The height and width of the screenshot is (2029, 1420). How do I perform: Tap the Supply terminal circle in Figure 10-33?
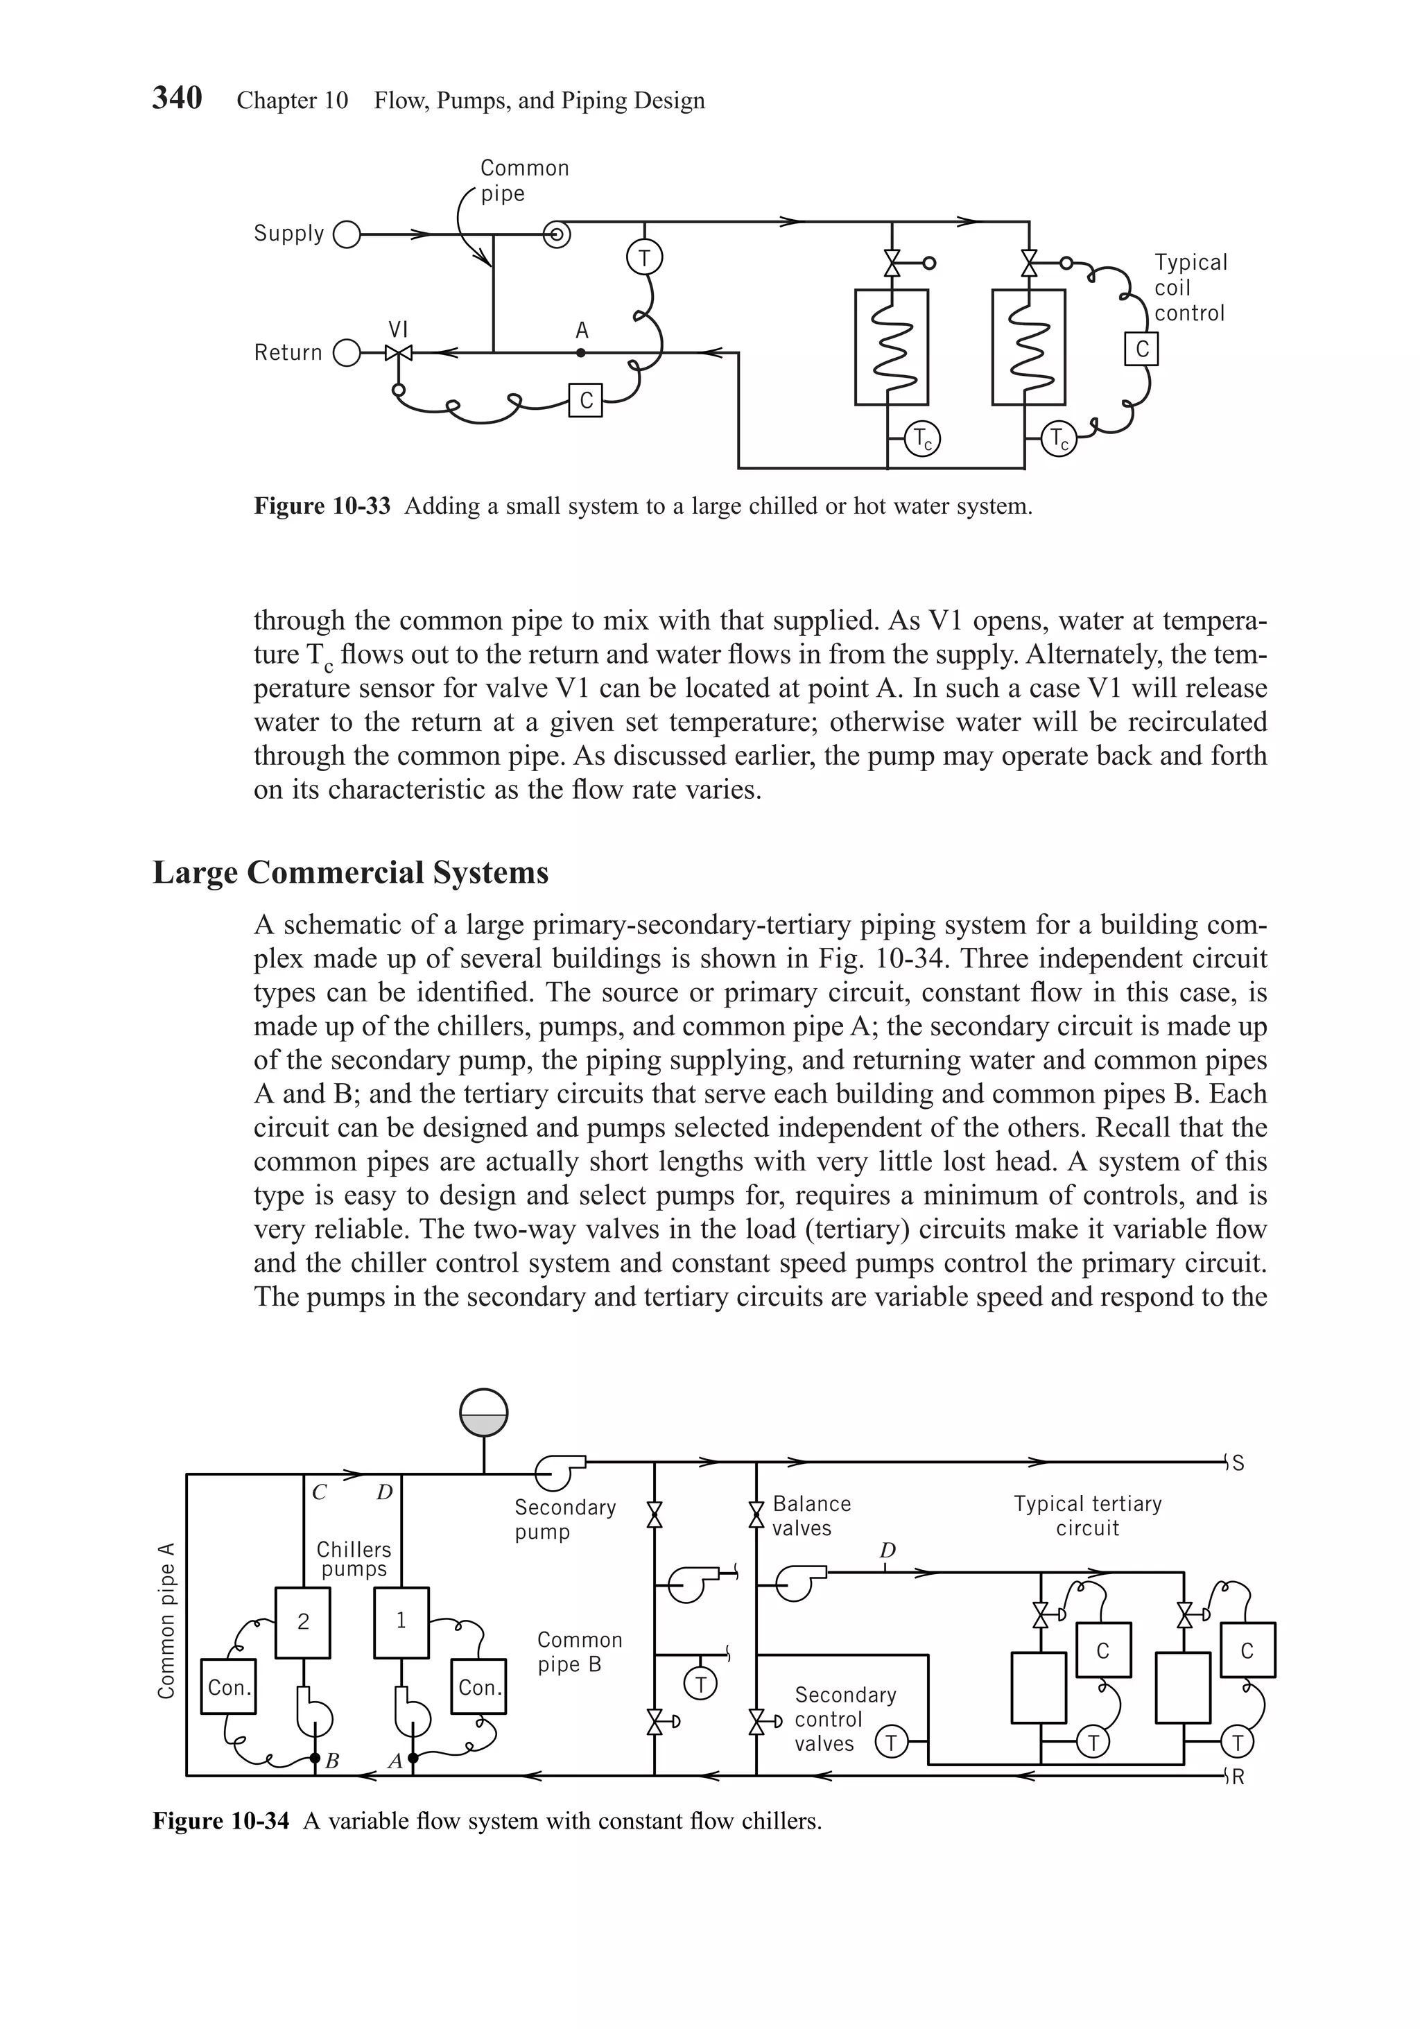click(347, 235)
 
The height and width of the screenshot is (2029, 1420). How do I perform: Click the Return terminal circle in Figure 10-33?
click(347, 354)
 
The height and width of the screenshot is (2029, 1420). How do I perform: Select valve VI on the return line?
click(399, 354)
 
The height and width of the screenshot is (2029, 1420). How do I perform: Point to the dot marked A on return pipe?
click(580, 352)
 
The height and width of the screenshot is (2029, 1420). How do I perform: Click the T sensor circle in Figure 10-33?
click(644, 258)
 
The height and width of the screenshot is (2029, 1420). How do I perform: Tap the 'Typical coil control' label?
click(1189, 288)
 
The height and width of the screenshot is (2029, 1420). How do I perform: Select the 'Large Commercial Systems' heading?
click(351, 873)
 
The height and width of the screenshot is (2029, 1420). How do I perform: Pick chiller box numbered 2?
click(303, 1623)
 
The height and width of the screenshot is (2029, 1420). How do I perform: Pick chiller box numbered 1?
click(401, 1623)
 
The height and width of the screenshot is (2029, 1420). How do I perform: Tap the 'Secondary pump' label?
click(564, 1520)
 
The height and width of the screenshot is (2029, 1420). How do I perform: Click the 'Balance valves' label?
click(811, 1517)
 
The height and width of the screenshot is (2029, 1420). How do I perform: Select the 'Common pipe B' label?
click(579, 1652)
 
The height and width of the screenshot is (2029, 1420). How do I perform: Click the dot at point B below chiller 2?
click(315, 1759)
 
